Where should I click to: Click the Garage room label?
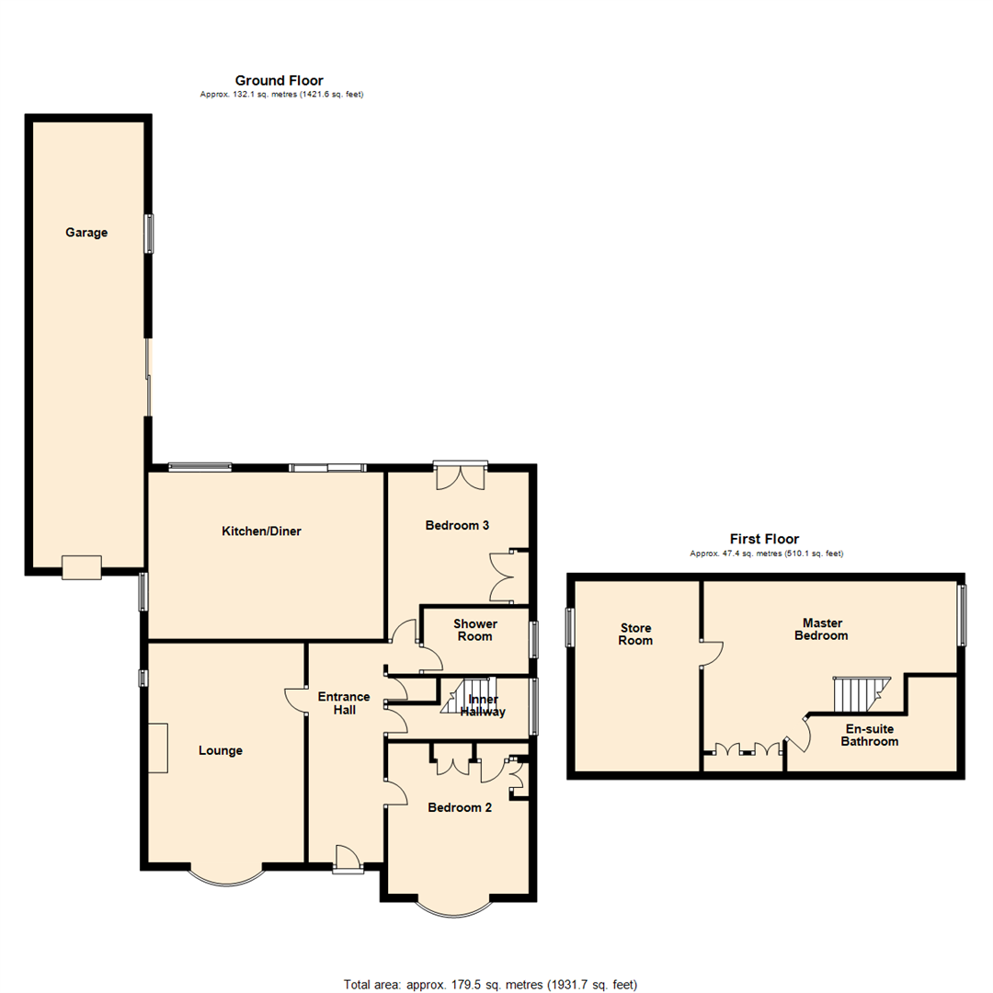point(86,233)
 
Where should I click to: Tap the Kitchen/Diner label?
point(261,531)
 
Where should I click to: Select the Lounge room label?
point(221,750)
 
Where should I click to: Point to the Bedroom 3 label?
point(457,526)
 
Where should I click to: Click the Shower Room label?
point(475,630)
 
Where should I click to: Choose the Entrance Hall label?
point(344,703)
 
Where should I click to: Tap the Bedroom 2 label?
point(460,808)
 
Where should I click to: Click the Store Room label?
point(635,633)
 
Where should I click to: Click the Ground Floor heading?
point(279,81)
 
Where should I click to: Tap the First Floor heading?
point(764,540)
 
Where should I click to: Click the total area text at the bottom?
point(490,984)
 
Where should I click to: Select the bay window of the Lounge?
point(226,876)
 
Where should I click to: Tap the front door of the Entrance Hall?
point(347,859)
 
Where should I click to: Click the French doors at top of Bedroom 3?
point(459,474)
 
